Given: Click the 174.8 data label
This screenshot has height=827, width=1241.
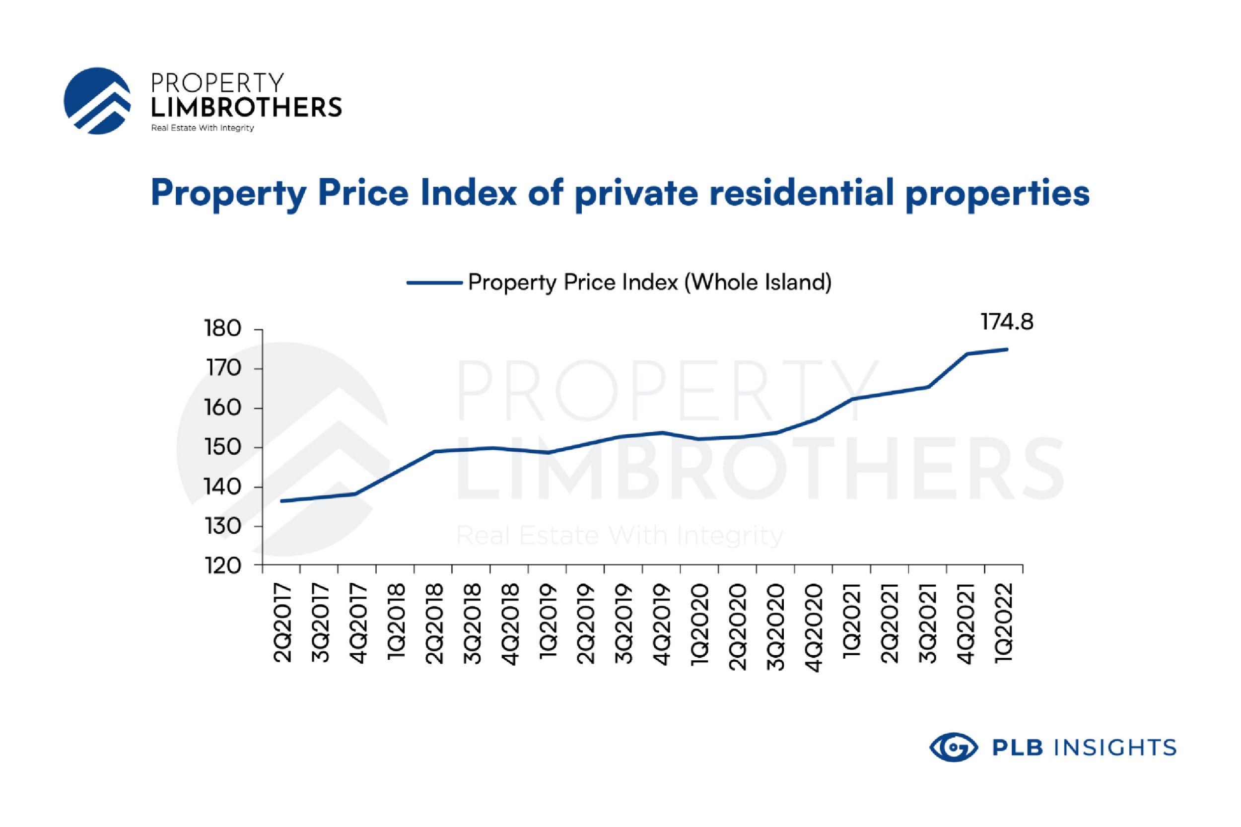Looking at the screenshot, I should click(x=1006, y=322).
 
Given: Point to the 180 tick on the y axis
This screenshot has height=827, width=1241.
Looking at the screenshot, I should click(x=222, y=329).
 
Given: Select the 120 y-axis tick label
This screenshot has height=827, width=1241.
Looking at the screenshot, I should click(x=222, y=566).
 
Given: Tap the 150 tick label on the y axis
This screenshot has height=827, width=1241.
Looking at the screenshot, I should click(x=222, y=447).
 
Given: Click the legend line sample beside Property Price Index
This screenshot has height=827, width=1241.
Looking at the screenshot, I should click(x=434, y=283).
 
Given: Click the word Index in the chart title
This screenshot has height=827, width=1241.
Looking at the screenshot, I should click(x=468, y=193).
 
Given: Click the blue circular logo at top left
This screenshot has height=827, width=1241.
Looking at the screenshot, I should click(x=97, y=101).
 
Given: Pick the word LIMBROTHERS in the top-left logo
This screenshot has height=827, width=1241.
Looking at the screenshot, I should click(x=246, y=108).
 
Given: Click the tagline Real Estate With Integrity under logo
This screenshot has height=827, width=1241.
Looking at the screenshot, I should click(x=203, y=128).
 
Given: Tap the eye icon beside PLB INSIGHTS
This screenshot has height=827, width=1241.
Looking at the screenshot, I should click(x=953, y=747).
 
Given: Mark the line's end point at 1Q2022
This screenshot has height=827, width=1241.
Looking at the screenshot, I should click(x=1006, y=349).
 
